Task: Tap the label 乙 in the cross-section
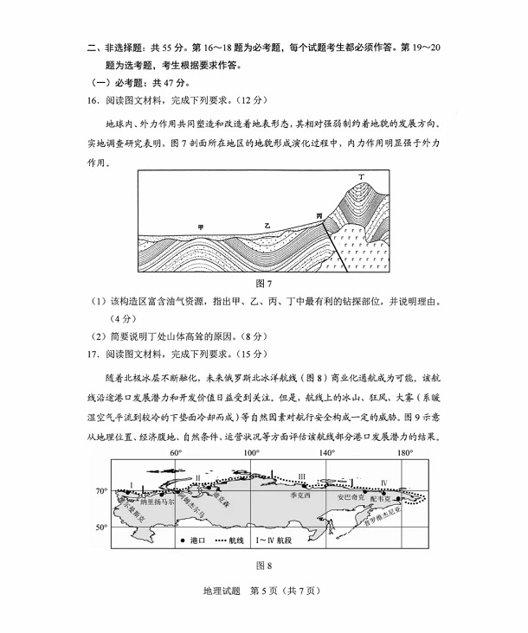[267, 225]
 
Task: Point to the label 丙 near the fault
[319, 213]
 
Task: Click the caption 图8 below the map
[264, 566]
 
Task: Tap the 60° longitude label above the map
[175, 452]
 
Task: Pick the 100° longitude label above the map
[252, 452]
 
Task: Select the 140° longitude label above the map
[327, 452]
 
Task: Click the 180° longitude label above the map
[403, 452]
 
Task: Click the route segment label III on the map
[301, 476]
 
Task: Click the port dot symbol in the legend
[183, 540]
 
